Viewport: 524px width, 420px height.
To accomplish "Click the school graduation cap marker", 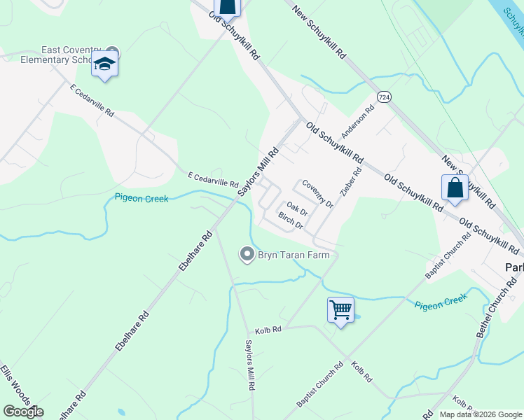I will [x=104, y=64].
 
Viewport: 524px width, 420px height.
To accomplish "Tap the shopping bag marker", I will [x=455, y=188].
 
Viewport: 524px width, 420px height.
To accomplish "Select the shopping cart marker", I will [x=340, y=309].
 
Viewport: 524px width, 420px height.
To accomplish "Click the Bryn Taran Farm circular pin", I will [x=247, y=255].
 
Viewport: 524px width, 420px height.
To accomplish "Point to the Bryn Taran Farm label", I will [x=294, y=255].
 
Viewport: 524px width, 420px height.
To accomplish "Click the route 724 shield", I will [x=382, y=96].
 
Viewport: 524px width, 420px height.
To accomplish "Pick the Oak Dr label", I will [x=297, y=209].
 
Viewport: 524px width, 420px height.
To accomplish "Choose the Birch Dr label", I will [x=290, y=221].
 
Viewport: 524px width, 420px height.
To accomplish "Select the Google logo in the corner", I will [x=23, y=412].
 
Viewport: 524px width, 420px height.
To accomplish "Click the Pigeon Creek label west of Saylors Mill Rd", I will [x=142, y=199].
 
